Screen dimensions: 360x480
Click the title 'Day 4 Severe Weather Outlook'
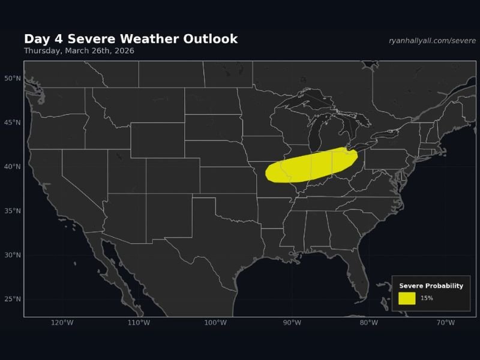pos(131,39)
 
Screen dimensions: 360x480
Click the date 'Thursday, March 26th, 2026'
pos(79,51)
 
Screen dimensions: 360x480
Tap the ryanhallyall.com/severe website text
pos(432,41)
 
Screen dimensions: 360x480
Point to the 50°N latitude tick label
pos(13,79)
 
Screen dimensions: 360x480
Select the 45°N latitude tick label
pos(13,122)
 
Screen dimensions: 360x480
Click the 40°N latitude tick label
pos(13,167)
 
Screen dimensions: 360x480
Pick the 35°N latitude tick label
pos(13,211)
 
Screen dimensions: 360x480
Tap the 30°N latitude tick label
pos(13,255)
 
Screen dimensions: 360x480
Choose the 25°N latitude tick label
pos(13,299)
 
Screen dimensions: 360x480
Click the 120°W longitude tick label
pos(62,323)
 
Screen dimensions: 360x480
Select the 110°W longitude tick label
pos(139,323)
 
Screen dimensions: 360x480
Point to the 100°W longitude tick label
pos(215,323)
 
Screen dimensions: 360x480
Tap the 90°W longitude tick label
pos(292,323)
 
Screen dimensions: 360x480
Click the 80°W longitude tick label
pos(369,323)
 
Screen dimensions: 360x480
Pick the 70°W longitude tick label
pos(445,323)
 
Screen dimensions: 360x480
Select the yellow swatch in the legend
pos(406,298)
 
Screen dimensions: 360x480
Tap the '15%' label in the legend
pos(427,298)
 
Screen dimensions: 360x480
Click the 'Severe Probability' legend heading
pos(431,286)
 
